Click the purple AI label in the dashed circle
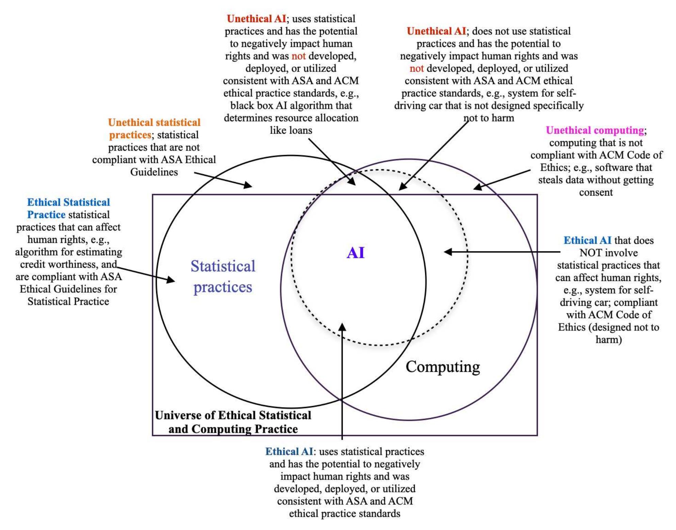tap(356, 253)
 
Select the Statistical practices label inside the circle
tap(223, 276)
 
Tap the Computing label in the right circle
tap(443, 367)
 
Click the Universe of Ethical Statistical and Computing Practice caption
tap(233, 422)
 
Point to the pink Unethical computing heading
tap(595, 130)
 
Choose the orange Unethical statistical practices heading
tap(154, 128)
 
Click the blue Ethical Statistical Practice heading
tap(68, 208)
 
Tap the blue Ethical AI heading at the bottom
tap(289, 451)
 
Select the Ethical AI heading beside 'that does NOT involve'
tap(587, 241)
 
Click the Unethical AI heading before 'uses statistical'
tap(256, 19)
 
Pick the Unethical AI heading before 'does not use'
tap(436, 31)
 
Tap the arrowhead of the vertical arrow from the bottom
tap(342, 327)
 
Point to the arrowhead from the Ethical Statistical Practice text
tap(171, 280)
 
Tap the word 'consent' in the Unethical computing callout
tap(596, 192)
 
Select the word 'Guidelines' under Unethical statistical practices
tap(154, 172)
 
